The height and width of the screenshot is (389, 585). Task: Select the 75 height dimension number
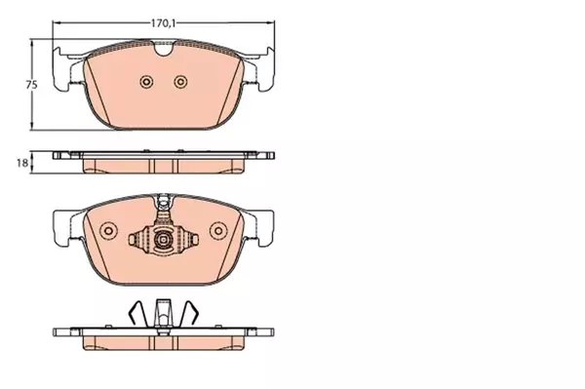point(31,86)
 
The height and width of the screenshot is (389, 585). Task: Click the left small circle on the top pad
point(146,83)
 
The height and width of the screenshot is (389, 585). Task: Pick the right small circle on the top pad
point(180,83)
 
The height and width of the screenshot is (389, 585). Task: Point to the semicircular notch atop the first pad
point(164,53)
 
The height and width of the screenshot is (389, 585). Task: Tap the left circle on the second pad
point(108,232)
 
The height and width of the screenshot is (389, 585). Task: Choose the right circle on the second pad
point(219,232)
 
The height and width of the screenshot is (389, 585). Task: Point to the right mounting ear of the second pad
point(264,228)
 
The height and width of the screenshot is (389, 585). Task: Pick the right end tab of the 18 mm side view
point(264,156)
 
